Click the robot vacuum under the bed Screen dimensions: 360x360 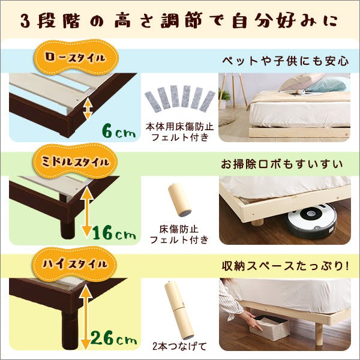[x=311, y=221]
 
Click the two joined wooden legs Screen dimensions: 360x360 [x=178, y=308]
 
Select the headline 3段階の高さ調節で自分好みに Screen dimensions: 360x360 [x=180, y=20]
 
